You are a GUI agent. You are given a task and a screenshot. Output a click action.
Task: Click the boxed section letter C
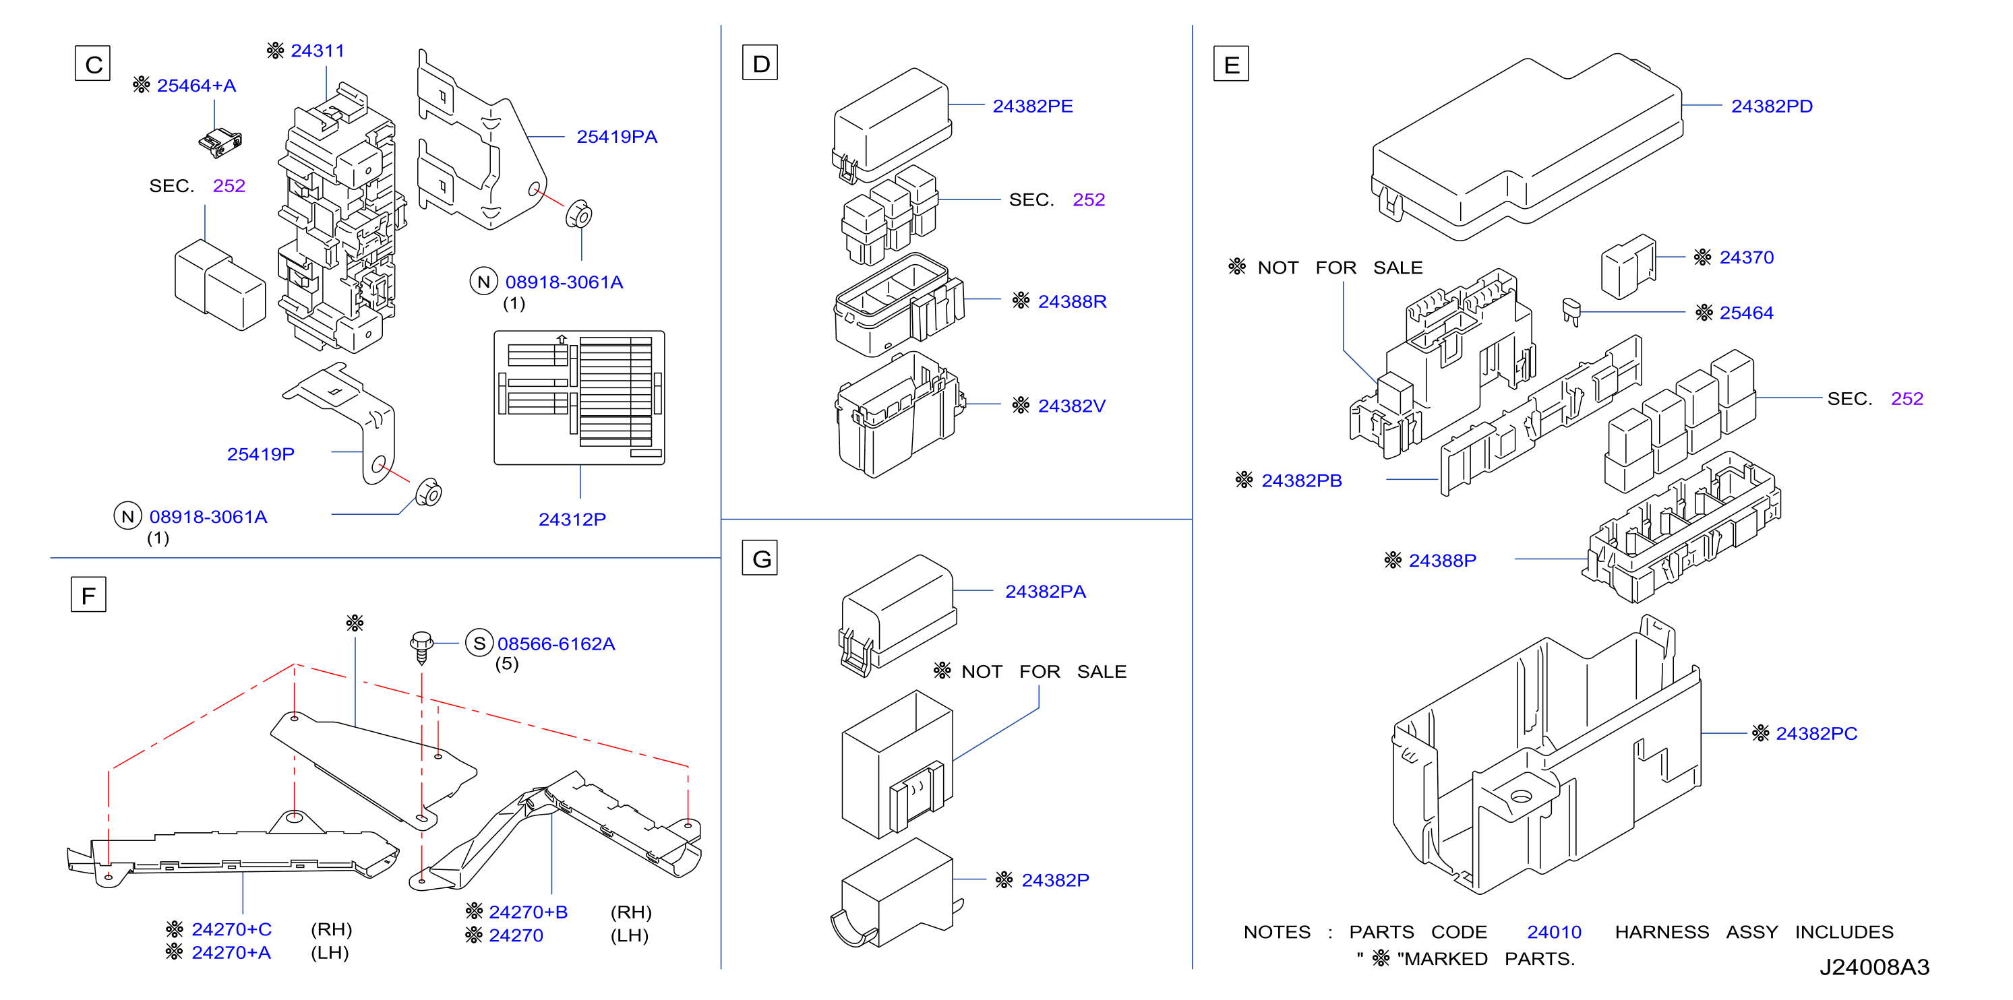(93, 63)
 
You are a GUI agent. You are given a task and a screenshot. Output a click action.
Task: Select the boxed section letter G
(760, 558)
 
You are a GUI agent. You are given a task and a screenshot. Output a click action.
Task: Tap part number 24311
(318, 51)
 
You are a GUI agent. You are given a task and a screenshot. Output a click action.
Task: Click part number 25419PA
(617, 137)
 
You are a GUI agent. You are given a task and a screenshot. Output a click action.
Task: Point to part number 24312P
(572, 520)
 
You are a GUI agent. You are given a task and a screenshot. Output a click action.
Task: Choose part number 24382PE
(1032, 106)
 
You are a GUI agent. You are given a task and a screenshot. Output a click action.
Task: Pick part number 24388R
(1072, 302)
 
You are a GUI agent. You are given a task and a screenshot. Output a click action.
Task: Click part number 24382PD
(1772, 106)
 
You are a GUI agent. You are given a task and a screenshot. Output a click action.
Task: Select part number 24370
(1747, 258)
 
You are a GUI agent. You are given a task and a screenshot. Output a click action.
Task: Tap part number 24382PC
(1816, 734)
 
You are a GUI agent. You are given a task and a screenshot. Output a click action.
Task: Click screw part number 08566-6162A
(555, 644)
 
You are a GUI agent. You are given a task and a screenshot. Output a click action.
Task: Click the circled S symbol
(479, 643)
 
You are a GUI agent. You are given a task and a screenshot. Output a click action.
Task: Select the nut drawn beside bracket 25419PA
(579, 214)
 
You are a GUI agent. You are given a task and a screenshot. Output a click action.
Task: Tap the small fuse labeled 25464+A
(220, 143)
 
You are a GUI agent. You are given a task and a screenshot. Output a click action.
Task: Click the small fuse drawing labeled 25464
(1571, 311)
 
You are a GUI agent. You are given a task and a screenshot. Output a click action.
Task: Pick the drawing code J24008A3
(1874, 967)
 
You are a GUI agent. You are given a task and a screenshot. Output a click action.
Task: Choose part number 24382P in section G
(1055, 881)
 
